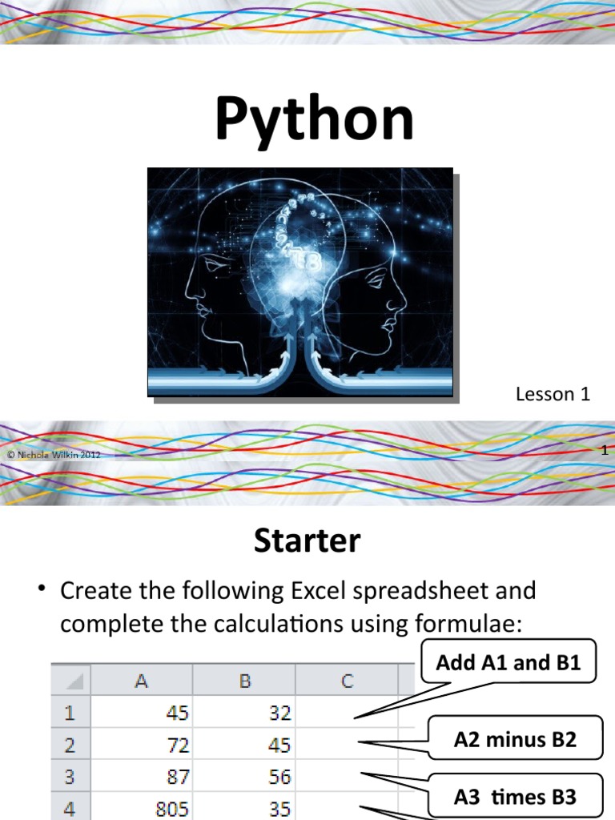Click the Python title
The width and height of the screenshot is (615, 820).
click(x=315, y=119)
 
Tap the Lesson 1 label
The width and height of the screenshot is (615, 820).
click(x=553, y=394)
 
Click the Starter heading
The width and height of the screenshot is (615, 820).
click(x=307, y=541)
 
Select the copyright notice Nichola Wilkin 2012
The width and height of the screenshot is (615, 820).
click(x=54, y=455)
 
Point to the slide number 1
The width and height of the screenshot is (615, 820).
click(x=605, y=451)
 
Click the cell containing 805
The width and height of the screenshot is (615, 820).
click(x=141, y=807)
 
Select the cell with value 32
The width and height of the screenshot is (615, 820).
click(x=243, y=712)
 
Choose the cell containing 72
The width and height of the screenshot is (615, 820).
click(x=141, y=745)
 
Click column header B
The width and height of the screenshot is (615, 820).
click(x=244, y=681)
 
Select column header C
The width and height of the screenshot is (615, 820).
click(x=348, y=681)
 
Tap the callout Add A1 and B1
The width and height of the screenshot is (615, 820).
click(x=508, y=662)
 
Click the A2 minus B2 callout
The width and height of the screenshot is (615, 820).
click(x=515, y=739)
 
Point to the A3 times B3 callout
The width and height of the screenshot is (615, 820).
click(x=515, y=797)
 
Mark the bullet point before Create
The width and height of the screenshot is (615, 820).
click(x=41, y=589)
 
